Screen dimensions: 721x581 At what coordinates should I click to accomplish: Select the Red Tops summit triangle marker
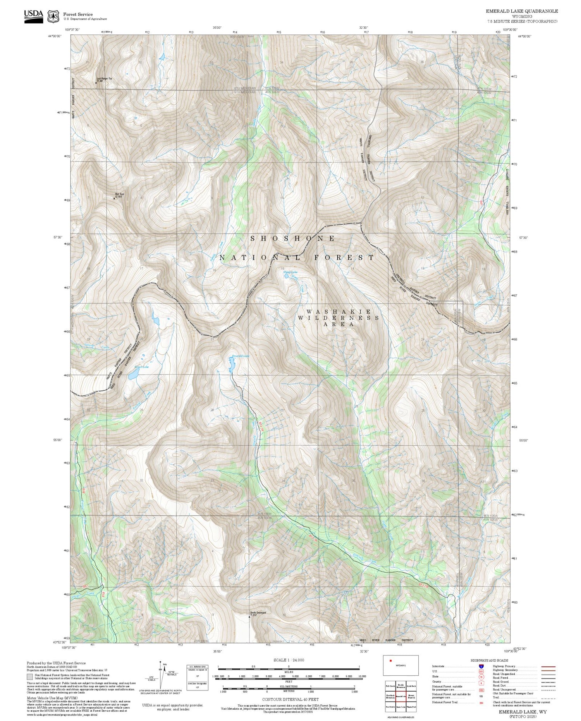(114, 198)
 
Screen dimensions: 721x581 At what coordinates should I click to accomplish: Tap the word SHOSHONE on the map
(293, 239)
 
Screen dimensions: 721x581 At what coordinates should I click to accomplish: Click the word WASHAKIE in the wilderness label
(339, 312)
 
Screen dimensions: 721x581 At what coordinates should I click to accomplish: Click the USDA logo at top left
(34, 16)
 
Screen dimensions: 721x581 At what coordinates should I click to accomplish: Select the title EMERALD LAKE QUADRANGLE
(522, 11)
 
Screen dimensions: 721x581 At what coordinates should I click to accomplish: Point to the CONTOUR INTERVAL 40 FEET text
(290, 700)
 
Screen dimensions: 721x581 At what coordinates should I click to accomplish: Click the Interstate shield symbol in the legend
(481, 666)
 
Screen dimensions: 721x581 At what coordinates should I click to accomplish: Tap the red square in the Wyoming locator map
(391, 661)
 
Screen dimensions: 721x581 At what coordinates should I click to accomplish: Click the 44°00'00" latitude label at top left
(55, 36)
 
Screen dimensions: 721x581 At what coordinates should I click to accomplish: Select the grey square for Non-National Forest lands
(30, 677)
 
